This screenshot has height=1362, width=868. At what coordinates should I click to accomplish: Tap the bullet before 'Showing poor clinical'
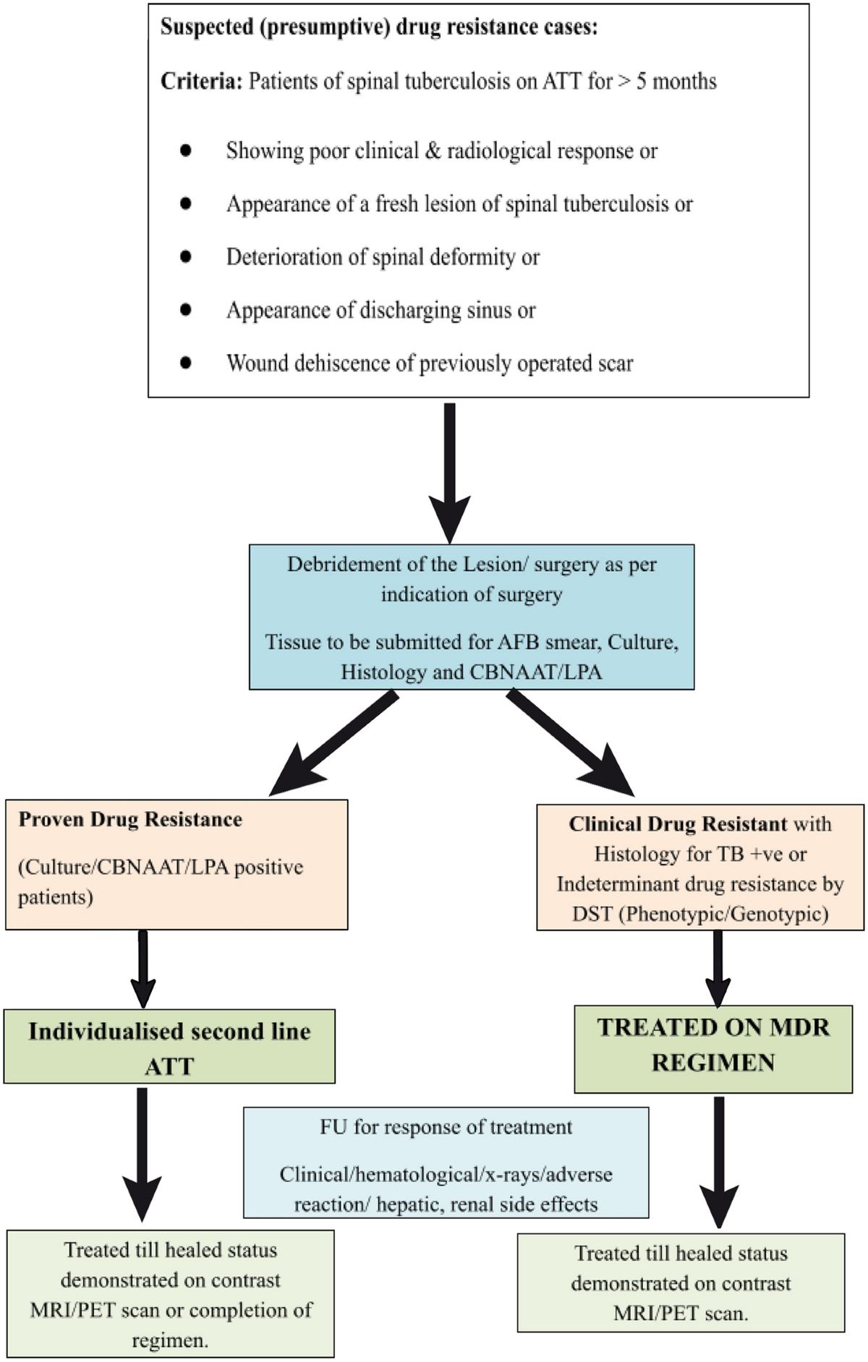pos(186,150)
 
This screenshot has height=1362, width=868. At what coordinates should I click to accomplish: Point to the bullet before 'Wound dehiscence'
pos(186,363)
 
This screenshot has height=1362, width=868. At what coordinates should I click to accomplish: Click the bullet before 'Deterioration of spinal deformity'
pos(186,257)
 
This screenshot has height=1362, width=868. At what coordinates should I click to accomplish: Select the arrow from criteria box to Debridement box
pos(450,473)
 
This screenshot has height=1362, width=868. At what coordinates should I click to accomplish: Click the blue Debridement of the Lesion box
pos(472,617)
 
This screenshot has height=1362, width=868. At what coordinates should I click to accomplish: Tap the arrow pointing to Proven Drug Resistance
pos(333,743)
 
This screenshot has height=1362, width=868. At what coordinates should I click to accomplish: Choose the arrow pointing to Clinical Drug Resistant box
pos(571,743)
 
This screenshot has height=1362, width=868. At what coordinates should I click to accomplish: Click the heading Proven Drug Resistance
pos(130,820)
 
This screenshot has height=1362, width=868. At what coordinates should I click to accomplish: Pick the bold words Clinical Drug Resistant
pos(678,824)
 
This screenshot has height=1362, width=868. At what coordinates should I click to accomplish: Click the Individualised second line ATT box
pos(169,1046)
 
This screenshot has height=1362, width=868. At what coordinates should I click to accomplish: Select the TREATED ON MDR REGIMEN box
pos(713,1048)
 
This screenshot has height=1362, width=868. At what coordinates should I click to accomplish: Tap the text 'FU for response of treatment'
pos(446,1127)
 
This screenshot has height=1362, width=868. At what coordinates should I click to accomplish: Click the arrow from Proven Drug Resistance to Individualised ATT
pos(142,969)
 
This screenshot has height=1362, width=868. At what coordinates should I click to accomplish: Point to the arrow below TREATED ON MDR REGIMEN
pos(719,1162)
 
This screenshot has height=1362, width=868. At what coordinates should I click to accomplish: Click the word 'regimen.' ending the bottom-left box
pos(170,1340)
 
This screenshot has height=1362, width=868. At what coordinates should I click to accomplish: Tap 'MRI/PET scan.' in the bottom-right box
pos(681,1313)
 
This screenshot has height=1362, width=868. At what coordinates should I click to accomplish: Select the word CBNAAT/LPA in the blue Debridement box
pos(536,672)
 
